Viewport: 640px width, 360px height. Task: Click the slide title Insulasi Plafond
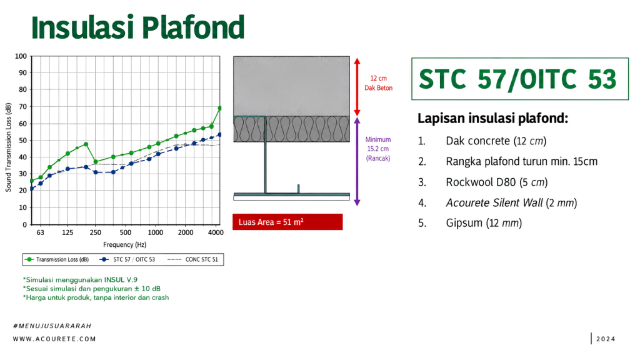[x=138, y=27]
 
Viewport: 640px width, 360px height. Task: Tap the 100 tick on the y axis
[x=21, y=56]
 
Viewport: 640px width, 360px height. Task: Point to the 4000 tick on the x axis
[x=216, y=232]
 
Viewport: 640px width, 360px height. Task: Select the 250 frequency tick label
[x=96, y=232]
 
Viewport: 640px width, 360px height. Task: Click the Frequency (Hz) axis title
[x=124, y=244]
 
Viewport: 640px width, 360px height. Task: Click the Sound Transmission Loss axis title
[x=8, y=147]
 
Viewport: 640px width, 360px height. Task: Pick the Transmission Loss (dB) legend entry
[x=57, y=259]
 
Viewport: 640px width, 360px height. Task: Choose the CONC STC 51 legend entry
[x=192, y=259]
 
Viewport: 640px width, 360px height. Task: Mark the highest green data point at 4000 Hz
[x=220, y=108]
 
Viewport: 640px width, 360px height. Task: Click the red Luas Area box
[x=287, y=222]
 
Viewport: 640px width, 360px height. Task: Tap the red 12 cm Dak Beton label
[x=378, y=83]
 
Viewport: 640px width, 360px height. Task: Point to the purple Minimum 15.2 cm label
[x=378, y=149]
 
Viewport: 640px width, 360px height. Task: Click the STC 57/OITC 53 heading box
[x=520, y=79]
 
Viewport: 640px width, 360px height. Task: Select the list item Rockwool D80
[x=497, y=182]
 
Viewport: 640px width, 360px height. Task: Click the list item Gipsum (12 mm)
[x=484, y=223]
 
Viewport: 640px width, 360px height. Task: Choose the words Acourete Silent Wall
[x=494, y=202]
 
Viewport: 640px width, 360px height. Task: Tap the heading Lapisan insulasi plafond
[x=492, y=118]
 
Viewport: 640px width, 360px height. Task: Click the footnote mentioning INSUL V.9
[x=80, y=279]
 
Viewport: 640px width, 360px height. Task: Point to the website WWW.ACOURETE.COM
[x=54, y=339]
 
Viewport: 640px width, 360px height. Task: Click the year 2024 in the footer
[x=606, y=339]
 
